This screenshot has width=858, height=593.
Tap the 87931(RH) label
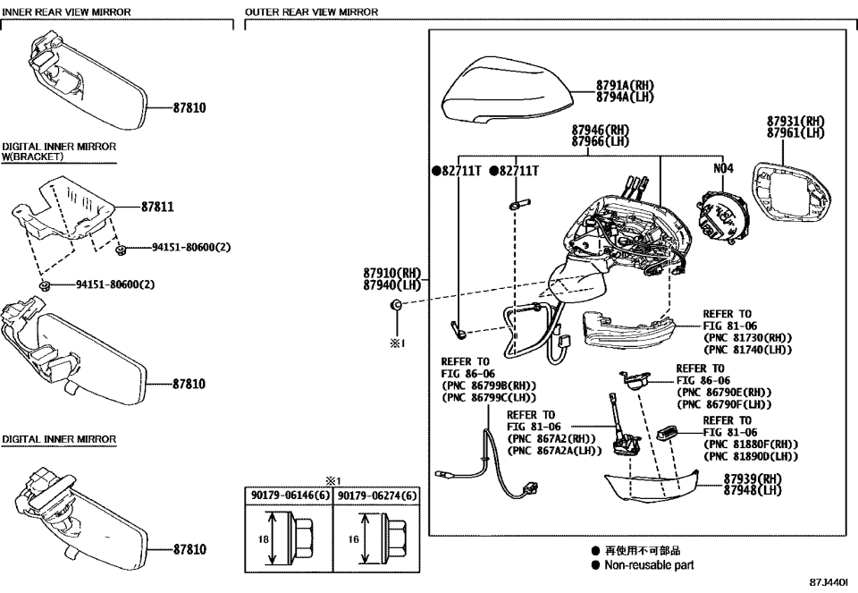click(795, 122)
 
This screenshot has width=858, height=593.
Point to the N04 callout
click(722, 168)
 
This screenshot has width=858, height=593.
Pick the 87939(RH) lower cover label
click(753, 479)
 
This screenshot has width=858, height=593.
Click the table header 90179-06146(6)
click(288, 493)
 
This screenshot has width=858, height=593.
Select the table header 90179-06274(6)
click(376, 493)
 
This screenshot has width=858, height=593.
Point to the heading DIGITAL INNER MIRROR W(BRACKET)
click(58, 151)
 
